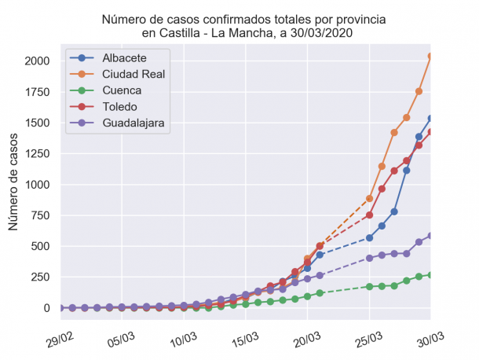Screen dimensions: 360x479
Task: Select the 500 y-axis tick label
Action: pos(40,246)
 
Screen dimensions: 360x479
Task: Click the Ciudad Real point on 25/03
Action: pos(369,199)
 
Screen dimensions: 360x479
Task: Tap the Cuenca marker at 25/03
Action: pos(369,286)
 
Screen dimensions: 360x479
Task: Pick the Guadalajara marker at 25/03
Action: pos(369,258)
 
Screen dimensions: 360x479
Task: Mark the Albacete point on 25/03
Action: pos(369,237)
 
